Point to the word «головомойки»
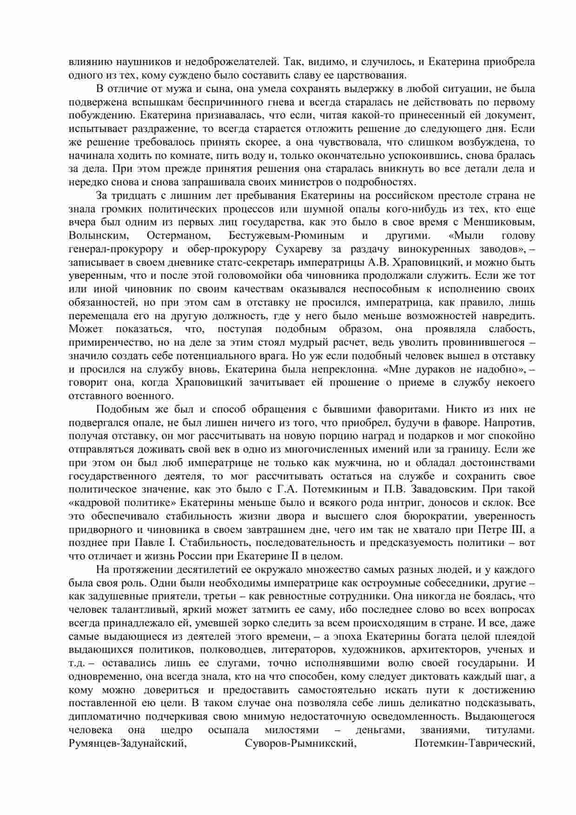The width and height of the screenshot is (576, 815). point(240,276)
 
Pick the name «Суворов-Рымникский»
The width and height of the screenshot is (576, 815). point(300,744)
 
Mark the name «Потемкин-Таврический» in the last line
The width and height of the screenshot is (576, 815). point(473,744)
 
